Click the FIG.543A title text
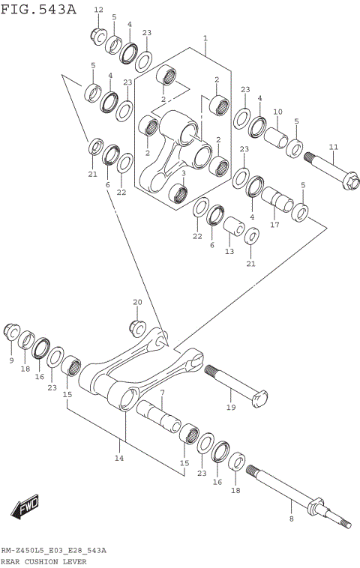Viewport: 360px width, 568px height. [38, 9]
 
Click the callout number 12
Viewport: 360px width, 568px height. [99, 10]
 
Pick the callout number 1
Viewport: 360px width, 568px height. [205, 37]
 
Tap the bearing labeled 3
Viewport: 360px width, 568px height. [178, 193]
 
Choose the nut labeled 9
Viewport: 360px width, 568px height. [12, 330]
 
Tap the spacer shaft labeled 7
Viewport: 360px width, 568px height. [162, 412]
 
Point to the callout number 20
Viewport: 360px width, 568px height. [137, 302]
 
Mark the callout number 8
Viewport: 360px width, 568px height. [291, 517]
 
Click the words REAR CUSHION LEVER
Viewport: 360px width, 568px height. [43, 561]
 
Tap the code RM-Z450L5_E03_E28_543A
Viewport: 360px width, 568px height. [53, 550]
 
